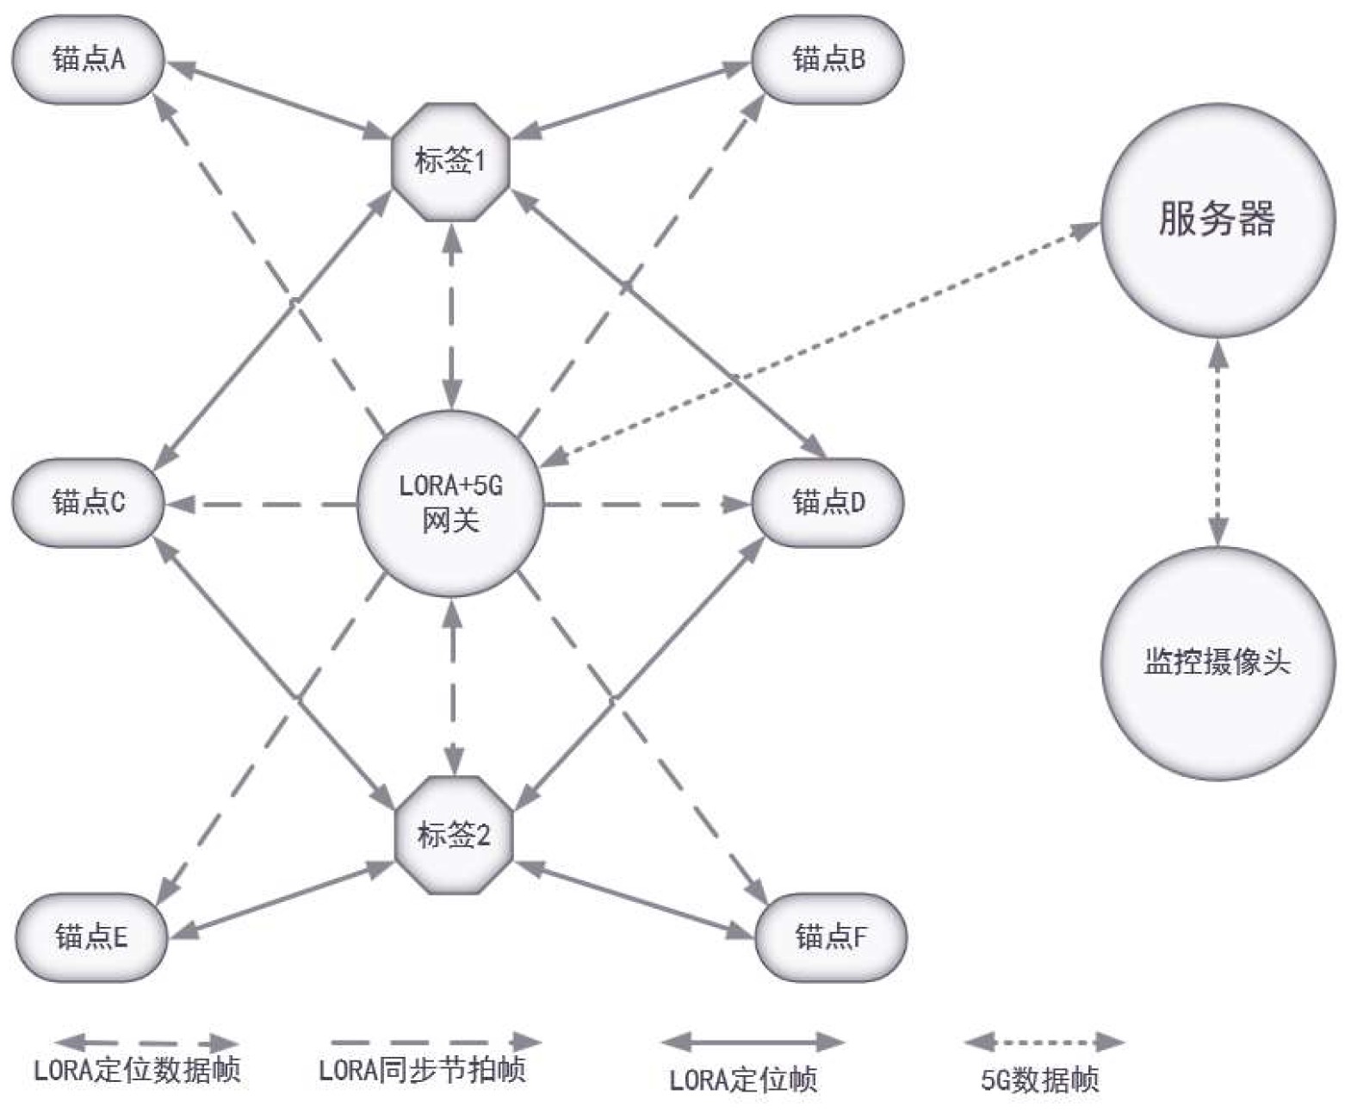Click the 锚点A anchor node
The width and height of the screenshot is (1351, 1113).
[x=88, y=59]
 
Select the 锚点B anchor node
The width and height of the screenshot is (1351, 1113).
[x=827, y=59]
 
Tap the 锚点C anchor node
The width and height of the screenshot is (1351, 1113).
[x=88, y=501]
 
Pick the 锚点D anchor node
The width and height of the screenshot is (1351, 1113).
[x=827, y=501]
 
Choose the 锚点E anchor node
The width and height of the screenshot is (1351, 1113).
[x=90, y=936]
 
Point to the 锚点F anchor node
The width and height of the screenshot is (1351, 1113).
[x=830, y=936]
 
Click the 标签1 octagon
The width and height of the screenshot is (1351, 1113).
[x=450, y=161]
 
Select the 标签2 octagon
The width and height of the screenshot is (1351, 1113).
[x=453, y=835]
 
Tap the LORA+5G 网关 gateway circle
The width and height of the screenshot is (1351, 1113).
[x=450, y=504]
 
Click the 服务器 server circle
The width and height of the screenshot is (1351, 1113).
[x=1217, y=220]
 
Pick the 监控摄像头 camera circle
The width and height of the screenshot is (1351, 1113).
[x=1218, y=663]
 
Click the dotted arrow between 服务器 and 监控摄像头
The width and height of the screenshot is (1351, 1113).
[x=1218, y=442]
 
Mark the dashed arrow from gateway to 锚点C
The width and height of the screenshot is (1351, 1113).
[x=263, y=504]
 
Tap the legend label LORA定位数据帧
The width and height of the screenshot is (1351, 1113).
[x=137, y=1070]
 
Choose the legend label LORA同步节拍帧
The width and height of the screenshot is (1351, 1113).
[x=422, y=1070]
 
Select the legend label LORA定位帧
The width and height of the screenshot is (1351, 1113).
[x=743, y=1079]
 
